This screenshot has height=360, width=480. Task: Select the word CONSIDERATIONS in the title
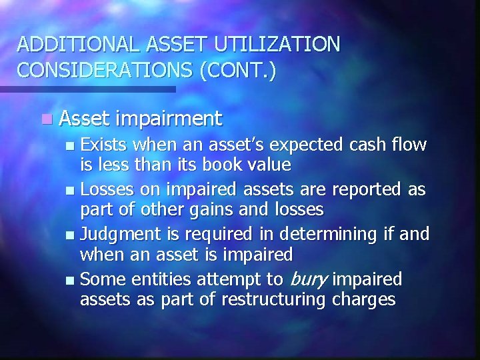[x=105, y=71]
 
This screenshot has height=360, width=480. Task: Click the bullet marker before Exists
[x=73, y=145]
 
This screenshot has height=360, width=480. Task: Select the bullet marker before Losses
[x=73, y=191]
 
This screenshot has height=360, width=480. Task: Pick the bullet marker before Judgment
[x=73, y=235]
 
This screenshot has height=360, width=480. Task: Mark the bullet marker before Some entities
[x=73, y=280]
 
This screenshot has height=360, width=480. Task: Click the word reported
[x=367, y=189]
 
